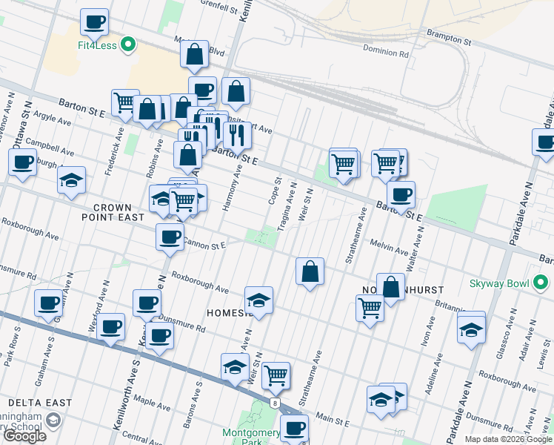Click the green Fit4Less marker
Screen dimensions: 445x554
pyautogui.click(x=129, y=44)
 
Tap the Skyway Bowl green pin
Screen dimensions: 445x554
pyautogui.click(x=541, y=283)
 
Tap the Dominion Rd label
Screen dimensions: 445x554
pyautogui.click(x=386, y=53)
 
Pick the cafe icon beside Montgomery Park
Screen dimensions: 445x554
pyautogui.click(x=295, y=428)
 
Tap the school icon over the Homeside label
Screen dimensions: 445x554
pyautogui.click(x=258, y=300)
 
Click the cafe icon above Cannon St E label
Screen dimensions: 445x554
pyautogui.click(x=170, y=237)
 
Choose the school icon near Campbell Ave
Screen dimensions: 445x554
pyautogui.click(x=71, y=180)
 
